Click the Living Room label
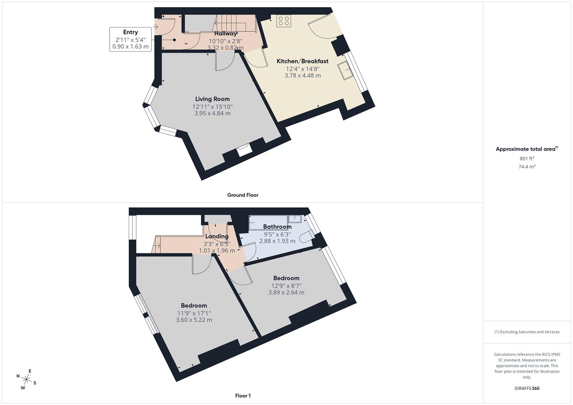212,99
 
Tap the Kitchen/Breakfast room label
302,61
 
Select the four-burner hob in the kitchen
284,21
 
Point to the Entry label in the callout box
130,32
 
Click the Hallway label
226,34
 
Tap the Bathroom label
277,226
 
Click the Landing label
217,236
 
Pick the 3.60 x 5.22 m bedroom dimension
194,320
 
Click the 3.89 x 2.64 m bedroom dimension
286,292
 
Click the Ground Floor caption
243,195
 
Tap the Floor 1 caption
243,396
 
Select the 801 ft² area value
527,159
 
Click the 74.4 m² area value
527,167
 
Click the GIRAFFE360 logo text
527,388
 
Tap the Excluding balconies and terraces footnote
527,332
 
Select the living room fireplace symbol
244,150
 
